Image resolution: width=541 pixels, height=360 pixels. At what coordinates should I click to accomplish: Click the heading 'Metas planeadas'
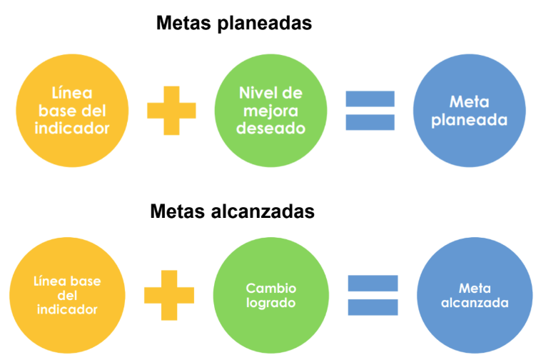234,24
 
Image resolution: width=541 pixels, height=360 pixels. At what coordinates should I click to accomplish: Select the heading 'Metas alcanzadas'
233,212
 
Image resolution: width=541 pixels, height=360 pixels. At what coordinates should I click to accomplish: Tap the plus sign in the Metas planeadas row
171,110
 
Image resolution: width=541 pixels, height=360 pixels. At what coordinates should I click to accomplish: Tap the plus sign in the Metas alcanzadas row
169,294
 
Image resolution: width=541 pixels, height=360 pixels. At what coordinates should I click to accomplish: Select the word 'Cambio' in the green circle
270,288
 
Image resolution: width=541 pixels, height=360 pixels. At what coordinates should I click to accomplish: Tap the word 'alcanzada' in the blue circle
475,303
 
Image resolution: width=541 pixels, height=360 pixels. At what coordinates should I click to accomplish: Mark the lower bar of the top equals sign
370,122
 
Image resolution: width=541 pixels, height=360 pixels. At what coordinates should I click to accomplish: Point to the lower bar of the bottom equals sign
373,307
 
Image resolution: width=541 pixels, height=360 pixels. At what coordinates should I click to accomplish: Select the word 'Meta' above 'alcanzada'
475,289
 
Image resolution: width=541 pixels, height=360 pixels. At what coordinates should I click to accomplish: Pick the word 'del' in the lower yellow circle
66,295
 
